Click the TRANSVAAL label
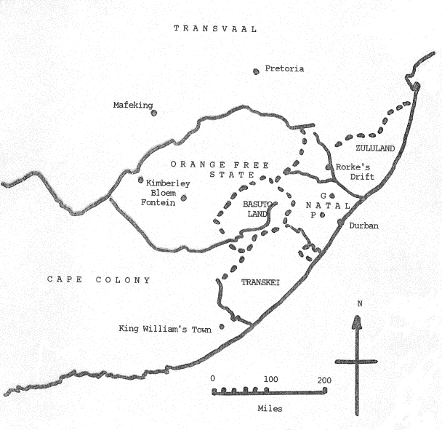[216, 28]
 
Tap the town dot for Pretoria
[256, 71]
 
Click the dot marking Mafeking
[153, 113]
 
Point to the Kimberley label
[169, 183]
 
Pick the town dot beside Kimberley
[141, 180]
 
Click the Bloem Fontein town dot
[183, 197]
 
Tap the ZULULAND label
[375, 148]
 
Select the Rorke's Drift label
[354, 171]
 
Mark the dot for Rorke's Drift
[329, 167]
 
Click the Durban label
[363, 226]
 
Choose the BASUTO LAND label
[256, 210]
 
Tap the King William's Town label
[165, 329]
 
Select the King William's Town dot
[222, 326]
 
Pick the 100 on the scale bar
[270, 380]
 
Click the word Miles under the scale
[270, 408]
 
